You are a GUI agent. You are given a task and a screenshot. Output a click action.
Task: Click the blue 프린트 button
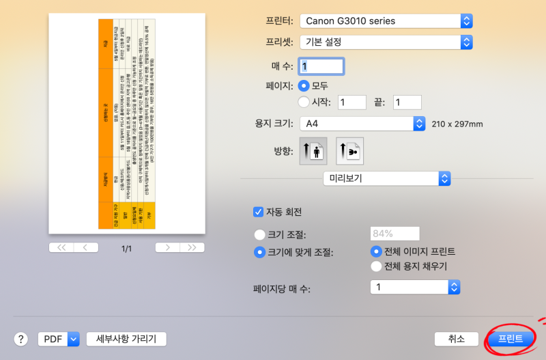(511, 339)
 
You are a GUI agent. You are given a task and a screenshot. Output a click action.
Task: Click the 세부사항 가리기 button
(126, 339)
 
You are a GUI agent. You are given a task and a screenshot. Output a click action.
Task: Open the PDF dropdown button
(59, 339)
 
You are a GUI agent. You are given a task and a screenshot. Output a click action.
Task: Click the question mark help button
(20, 339)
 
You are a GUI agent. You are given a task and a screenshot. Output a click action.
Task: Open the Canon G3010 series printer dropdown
(386, 20)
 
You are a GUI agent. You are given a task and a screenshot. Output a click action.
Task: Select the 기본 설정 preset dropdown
(386, 42)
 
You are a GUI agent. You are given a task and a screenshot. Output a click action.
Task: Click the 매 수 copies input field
(322, 66)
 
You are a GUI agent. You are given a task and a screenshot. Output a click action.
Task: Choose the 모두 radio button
(304, 86)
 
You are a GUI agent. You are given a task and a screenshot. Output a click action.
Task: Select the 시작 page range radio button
(304, 102)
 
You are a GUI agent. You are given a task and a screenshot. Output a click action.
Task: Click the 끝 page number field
(407, 102)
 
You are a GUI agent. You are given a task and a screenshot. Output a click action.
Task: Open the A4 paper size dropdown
(362, 124)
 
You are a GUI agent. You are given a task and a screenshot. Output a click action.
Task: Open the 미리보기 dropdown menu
(386, 178)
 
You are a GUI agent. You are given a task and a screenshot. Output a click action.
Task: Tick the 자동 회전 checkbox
(259, 212)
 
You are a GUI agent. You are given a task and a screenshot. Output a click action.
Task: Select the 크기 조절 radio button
(259, 234)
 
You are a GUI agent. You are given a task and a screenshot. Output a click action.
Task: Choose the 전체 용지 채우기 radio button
(375, 266)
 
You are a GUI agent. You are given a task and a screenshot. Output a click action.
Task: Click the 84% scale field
(395, 234)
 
